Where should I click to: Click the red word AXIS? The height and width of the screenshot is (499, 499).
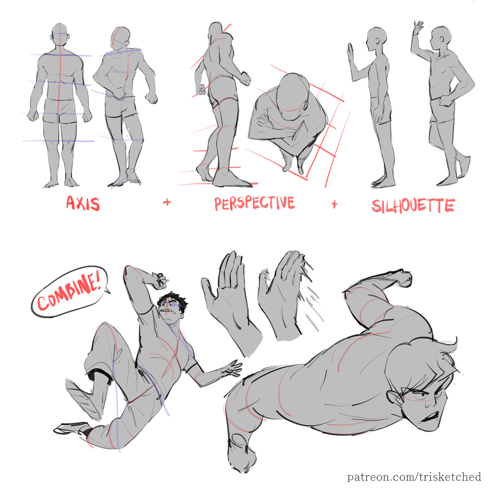83,204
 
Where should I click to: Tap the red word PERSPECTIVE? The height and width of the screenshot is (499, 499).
255,203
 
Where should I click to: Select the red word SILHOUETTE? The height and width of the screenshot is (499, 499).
413,206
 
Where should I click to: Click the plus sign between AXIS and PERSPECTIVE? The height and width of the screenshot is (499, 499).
167,202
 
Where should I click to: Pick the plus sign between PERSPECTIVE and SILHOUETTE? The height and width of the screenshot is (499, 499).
335,204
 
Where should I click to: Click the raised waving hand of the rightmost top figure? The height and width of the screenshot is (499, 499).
418,29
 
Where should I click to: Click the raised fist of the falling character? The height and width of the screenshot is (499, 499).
159,279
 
